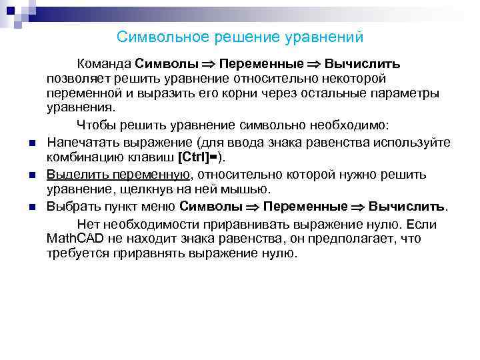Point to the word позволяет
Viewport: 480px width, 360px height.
pos(77,79)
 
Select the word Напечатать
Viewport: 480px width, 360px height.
pos(83,142)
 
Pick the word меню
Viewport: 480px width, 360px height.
pos(159,206)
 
